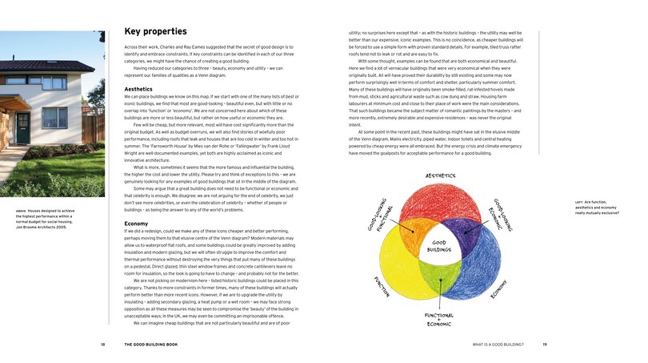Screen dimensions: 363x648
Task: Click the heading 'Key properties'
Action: (x=155, y=32)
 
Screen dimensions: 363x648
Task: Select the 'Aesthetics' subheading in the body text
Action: (x=138, y=89)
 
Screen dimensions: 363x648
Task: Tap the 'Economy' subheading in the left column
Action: (x=136, y=224)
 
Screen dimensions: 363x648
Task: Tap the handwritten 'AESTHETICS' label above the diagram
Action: (x=441, y=175)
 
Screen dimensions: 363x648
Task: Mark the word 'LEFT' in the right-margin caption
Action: (x=578, y=202)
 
